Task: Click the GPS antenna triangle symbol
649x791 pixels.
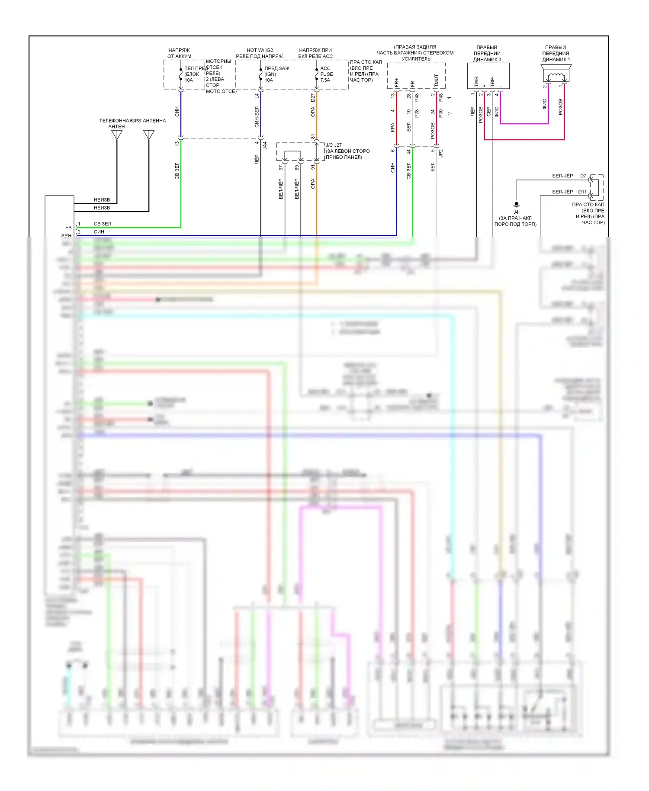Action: (149, 135)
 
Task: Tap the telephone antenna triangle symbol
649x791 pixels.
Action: (117, 135)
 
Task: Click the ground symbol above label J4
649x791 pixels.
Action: (516, 204)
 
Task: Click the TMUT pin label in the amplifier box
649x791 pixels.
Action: (436, 80)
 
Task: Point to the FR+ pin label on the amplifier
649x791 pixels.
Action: (397, 82)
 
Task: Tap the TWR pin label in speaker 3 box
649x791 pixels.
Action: (476, 81)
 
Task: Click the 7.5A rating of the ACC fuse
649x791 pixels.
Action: (325, 80)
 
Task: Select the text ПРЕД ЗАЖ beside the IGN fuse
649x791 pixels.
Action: (277, 68)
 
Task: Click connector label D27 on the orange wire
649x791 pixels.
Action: (313, 98)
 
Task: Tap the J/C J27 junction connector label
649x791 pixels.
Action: (334, 145)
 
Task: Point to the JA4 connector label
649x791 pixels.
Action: (265, 145)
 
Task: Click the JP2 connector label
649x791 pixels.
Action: (441, 153)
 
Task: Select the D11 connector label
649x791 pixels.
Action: (582, 192)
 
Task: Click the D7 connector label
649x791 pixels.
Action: (583, 176)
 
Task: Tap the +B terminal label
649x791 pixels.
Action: (68, 228)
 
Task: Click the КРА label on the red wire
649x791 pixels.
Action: (392, 127)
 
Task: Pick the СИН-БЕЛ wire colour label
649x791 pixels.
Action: (257, 117)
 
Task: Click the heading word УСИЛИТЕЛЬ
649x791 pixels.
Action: (416, 59)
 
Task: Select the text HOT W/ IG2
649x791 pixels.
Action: (260, 50)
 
